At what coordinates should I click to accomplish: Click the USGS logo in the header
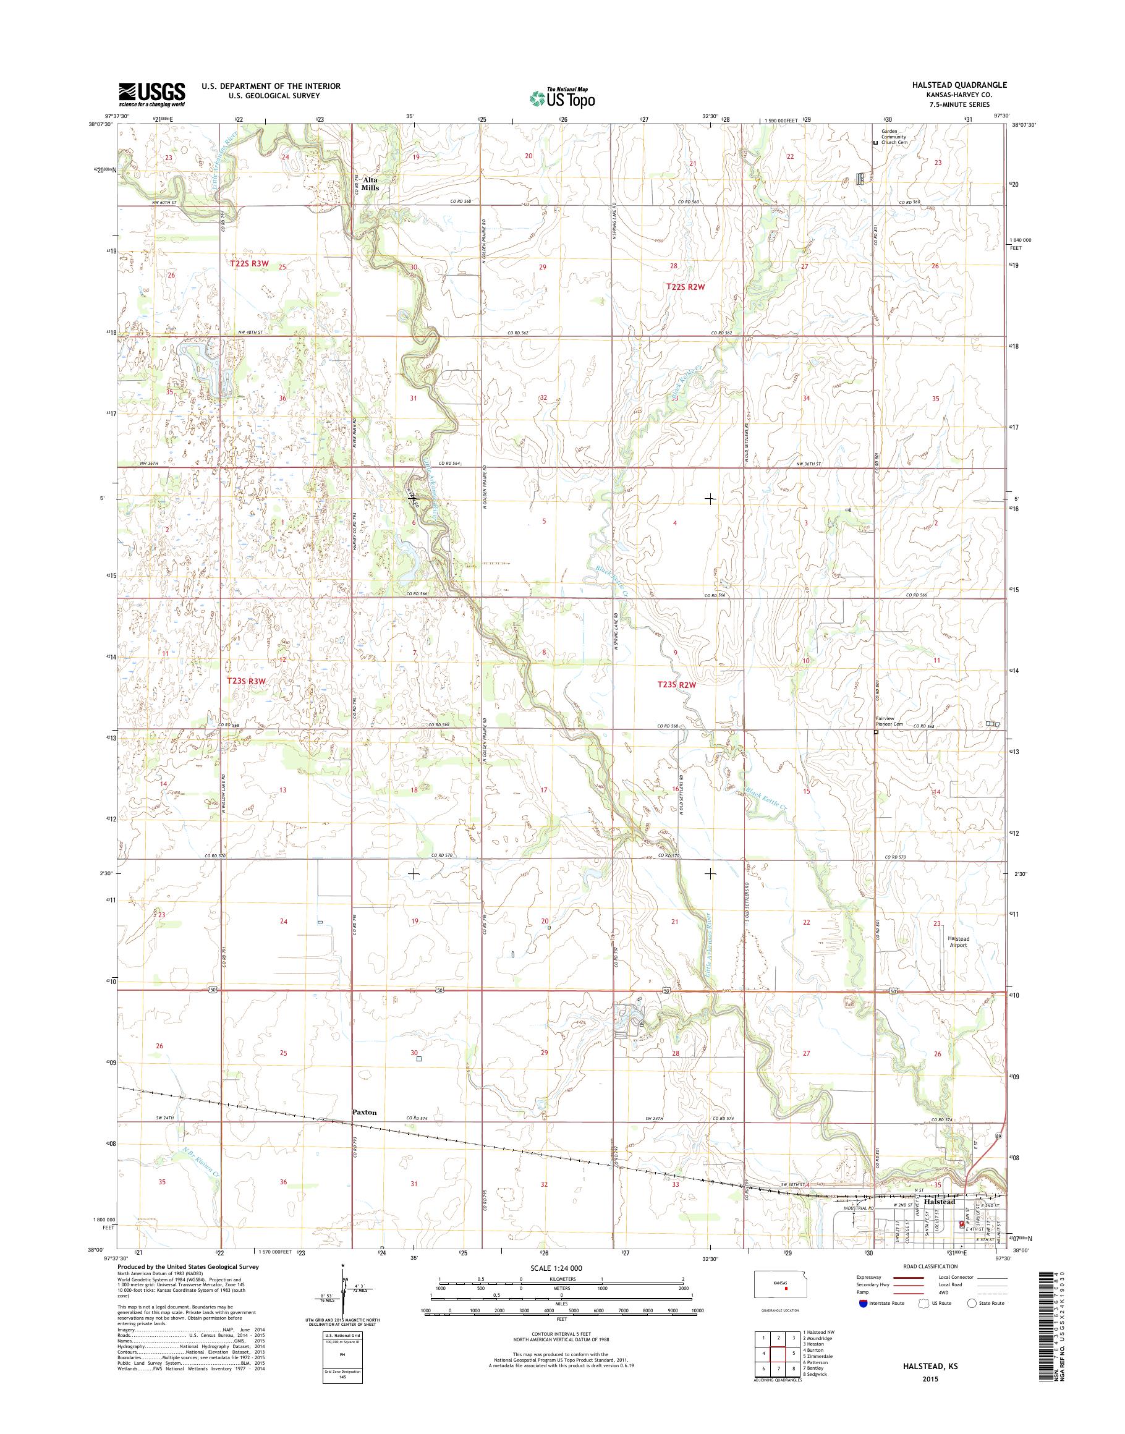coord(151,94)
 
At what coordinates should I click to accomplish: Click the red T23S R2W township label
coord(676,684)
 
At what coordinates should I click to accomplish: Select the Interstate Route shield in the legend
coord(863,1304)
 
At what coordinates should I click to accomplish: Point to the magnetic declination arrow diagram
coord(343,1296)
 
